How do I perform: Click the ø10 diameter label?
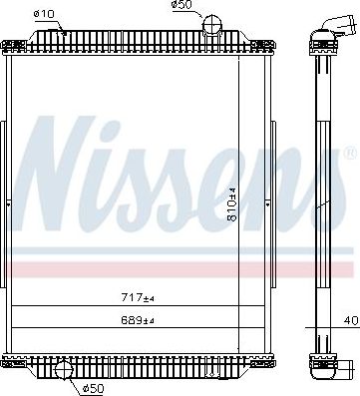(x=44, y=13)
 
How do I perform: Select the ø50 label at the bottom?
(x=94, y=388)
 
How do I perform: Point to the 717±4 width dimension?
(x=138, y=297)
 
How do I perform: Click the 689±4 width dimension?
(x=138, y=320)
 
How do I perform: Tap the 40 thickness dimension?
(x=351, y=320)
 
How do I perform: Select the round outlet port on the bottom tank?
(x=64, y=375)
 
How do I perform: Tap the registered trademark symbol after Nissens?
(x=348, y=156)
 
